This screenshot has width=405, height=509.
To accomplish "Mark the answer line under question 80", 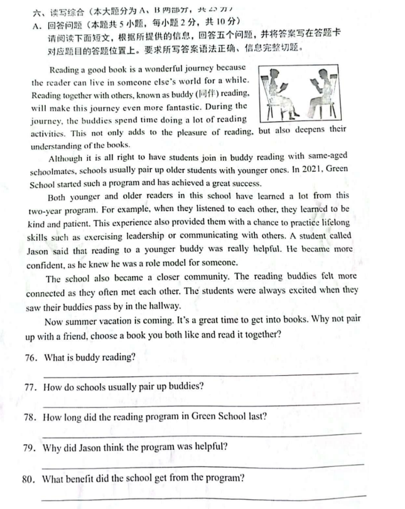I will click(201, 497).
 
